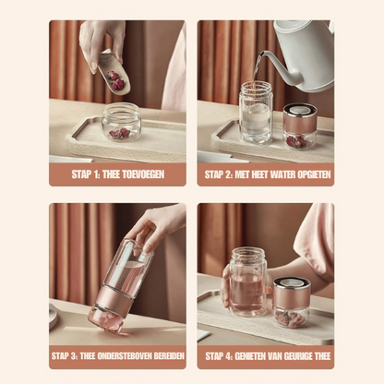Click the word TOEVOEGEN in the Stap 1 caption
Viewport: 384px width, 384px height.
152,173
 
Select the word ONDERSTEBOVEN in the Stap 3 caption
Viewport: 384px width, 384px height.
126,355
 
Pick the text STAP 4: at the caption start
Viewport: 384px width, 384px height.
220,355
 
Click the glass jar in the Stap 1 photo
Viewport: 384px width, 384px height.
120,122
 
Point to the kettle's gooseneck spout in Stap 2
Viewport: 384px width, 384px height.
263,60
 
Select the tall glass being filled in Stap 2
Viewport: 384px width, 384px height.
256,113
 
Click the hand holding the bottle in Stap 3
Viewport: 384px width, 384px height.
157,228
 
